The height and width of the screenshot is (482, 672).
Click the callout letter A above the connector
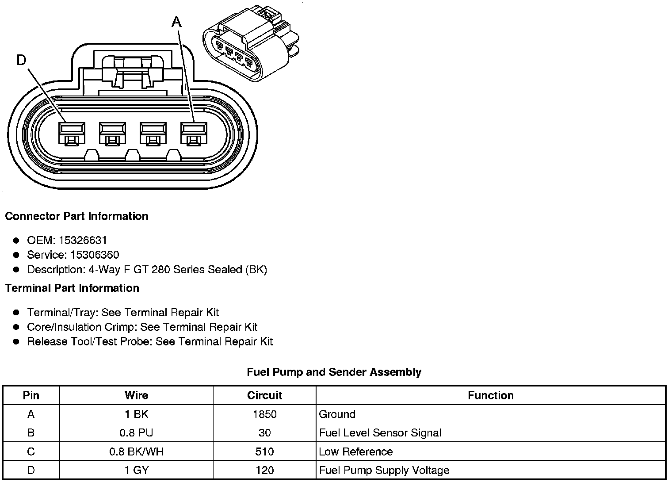click(176, 21)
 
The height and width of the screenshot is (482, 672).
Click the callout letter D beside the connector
click(21, 60)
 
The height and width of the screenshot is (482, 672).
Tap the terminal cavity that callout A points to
click(194, 133)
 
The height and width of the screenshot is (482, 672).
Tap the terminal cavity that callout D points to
click(72, 133)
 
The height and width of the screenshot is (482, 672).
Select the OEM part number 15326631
click(83, 240)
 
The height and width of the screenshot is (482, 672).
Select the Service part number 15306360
click(95, 255)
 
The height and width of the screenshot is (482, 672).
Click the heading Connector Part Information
click(76, 216)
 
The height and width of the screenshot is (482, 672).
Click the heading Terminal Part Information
click(72, 288)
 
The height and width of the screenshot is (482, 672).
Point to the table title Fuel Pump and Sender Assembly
click(334, 372)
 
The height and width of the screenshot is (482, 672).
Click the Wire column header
click(136, 395)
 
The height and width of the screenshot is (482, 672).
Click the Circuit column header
click(264, 395)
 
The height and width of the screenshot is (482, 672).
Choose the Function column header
click(491, 395)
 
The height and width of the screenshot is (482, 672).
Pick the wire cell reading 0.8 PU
click(136, 433)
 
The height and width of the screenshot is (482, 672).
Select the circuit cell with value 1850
click(264, 414)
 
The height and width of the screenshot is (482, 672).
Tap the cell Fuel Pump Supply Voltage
click(384, 470)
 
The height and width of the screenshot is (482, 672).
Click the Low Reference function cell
click(355, 451)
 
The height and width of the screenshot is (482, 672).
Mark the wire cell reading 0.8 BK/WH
click(136, 451)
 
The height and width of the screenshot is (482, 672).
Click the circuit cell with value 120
click(264, 470)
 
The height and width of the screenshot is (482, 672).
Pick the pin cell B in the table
click(31, 433)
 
